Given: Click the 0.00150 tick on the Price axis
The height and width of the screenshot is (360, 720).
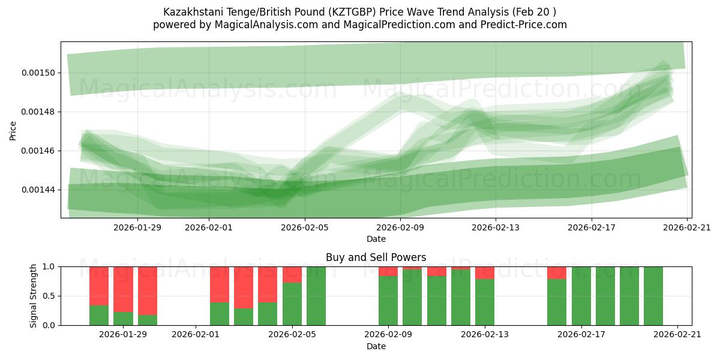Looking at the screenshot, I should pyautogui.click(x=38, y=73).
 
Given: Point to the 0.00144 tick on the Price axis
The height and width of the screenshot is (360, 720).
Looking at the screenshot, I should pyautogui.click(x=38, y=190).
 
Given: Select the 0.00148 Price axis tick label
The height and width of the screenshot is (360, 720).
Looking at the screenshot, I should pyautogui.click(x=38, y=112).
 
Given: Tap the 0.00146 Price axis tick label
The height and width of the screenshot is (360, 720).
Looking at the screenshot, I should pyautogui.click(x=38, y=151).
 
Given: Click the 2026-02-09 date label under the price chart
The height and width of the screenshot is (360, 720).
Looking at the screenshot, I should pyautogui.click(x=400, y=227).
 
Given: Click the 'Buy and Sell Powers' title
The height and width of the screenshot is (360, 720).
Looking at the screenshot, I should pyautogui.click(x=376, y=257).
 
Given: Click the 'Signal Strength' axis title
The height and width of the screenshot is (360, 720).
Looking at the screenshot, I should pyautogui.click(x=34, y=296).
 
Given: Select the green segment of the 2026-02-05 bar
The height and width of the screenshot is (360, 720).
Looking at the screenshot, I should pyautogui.click(x=292, y=304).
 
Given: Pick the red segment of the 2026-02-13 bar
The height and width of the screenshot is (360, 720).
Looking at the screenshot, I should pyautogui.click(x=485, y=272).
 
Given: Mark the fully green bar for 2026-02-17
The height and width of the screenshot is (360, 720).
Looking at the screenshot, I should pyautogui.click(x=581, y=296).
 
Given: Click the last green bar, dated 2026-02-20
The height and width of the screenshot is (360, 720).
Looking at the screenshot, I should pyautogui.click(x=653, y=296).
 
